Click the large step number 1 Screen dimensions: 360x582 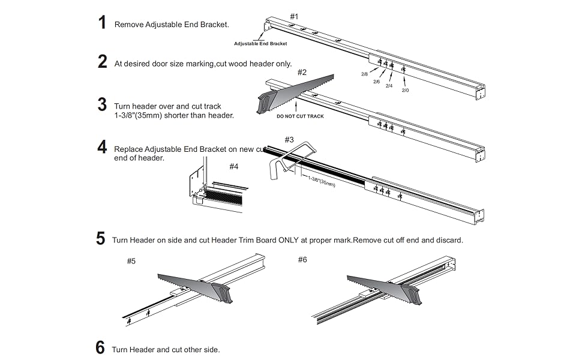[x=102, y=23]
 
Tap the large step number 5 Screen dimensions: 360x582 [x=101, y=239]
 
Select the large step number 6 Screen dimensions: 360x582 [x=100, y=348]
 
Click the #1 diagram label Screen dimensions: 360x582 [x=294, y=16]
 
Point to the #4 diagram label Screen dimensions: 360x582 [x=234, y=166]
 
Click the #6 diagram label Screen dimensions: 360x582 [x=303, y=259]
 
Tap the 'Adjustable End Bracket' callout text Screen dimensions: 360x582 [x=260, y=44]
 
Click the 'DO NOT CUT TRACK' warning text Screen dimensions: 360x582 [x=300, y=116]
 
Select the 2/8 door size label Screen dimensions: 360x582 [x=364, y=74]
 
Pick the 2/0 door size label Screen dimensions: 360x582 [x=405, y=91]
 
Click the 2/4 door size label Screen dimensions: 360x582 [x=389, y=86]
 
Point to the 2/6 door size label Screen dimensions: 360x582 [x=376, y=81]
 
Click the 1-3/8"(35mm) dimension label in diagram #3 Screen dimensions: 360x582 [x=322, y=181]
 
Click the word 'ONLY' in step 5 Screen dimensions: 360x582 [x=287, y=240]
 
